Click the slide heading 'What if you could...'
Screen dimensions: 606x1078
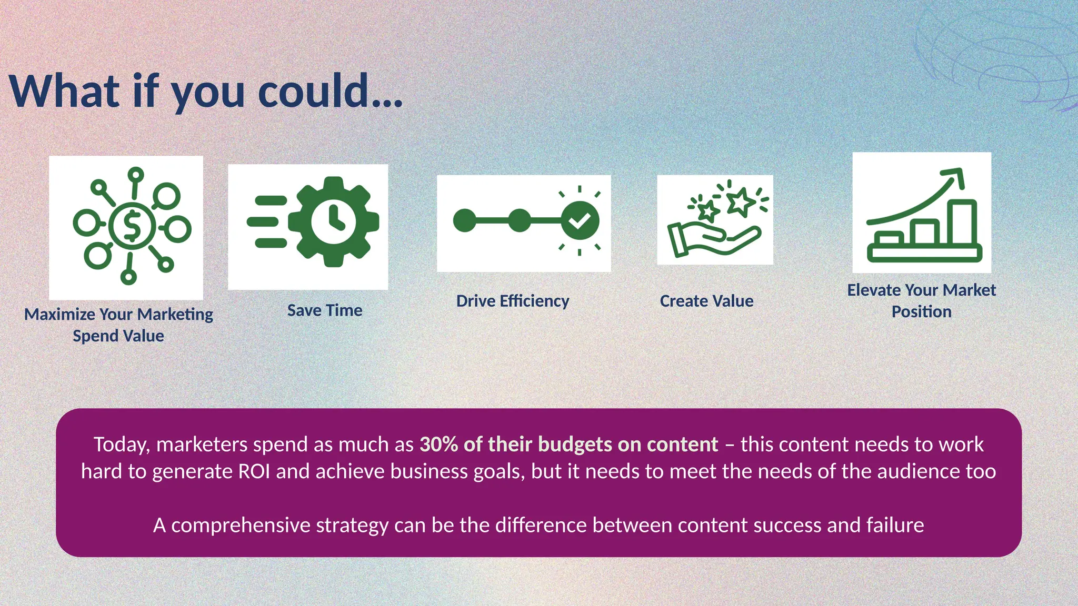206,92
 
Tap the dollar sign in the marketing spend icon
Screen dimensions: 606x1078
132,226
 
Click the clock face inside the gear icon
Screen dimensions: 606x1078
333,221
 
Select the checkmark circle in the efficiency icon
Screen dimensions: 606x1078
580,220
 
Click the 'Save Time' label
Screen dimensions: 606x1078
325,310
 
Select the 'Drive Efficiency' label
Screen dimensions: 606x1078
513,301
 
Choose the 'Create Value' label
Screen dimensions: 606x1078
706,301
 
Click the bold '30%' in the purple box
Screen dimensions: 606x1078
438,445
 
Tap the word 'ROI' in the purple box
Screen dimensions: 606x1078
254,471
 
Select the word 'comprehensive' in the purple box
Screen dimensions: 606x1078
241,525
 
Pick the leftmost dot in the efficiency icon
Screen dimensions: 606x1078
465,220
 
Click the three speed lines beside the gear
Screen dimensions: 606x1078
267,221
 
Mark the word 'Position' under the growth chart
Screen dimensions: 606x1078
921,311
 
